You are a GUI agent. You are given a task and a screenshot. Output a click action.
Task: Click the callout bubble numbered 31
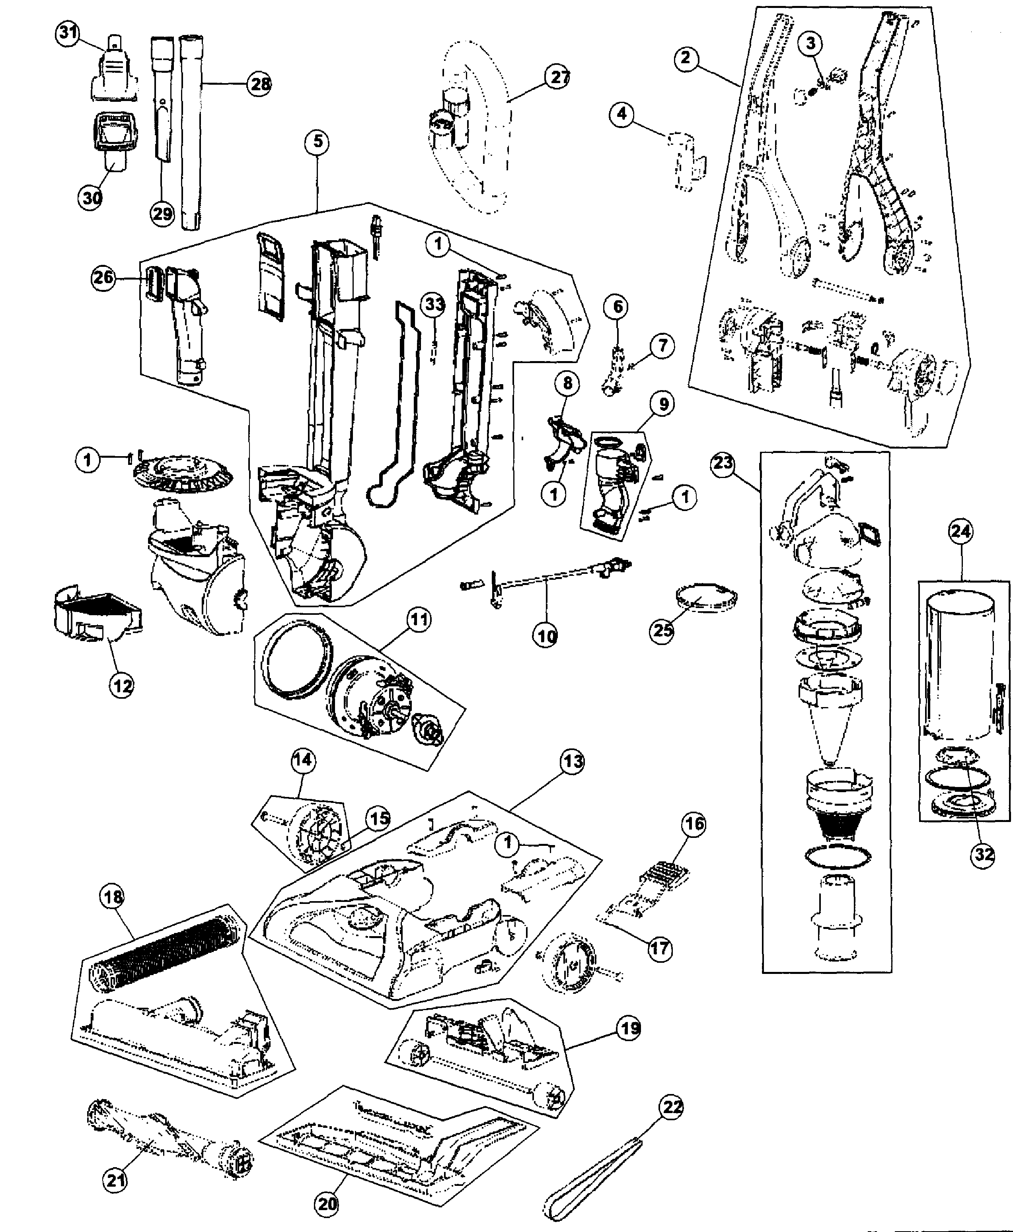[68, 33]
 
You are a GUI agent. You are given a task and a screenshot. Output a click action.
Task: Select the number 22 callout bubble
[672, 1107]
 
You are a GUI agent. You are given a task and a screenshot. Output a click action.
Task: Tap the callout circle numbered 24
[961, 531]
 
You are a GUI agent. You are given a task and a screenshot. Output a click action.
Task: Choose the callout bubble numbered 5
[318, 142]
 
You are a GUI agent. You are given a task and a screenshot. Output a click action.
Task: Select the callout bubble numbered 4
[622, 113]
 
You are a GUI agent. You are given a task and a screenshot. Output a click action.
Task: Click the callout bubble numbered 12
[121, 686]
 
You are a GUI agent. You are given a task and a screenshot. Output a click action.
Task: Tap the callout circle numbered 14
[303, 760]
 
